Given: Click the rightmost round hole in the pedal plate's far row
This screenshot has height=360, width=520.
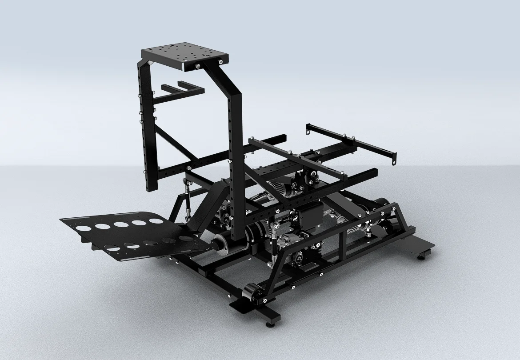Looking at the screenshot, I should (155, 221).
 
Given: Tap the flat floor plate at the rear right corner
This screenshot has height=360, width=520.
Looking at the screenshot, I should (420, 244).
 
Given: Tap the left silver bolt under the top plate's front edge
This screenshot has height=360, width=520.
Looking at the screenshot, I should (196, 67).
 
